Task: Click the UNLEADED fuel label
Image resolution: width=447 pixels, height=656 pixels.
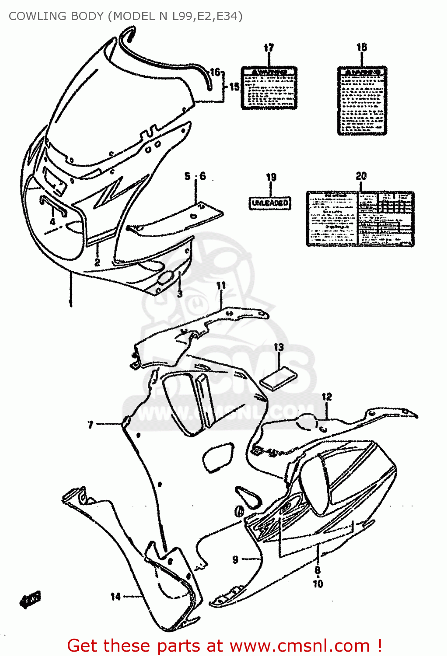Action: [270, 203]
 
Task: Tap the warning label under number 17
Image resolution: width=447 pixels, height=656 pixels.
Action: [269, 87]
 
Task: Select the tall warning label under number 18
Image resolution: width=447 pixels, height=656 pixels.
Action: [362, 101]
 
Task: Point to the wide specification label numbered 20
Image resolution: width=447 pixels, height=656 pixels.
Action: [360, 218]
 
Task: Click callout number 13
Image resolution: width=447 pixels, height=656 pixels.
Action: [279, 347]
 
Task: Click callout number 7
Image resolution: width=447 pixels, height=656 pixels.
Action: [91, 424]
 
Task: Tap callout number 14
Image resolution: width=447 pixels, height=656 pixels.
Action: [115, 596]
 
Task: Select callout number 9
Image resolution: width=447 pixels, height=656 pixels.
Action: [235, 559]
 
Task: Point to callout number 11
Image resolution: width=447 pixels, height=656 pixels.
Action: [221, 286]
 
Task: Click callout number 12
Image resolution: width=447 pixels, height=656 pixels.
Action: [326, 397]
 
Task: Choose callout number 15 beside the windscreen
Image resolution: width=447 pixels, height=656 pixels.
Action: [234, 87]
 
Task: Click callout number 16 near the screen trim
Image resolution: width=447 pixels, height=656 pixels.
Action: [215, 72]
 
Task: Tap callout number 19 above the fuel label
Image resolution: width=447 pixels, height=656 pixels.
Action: [271, 177]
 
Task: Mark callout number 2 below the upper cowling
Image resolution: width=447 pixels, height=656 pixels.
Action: [97, 262]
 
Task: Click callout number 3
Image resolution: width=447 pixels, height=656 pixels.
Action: [180, 293]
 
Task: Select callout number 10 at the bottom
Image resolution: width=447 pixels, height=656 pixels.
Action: [318, 583]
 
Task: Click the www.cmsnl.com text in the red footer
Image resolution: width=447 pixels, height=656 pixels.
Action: [300, 646]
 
